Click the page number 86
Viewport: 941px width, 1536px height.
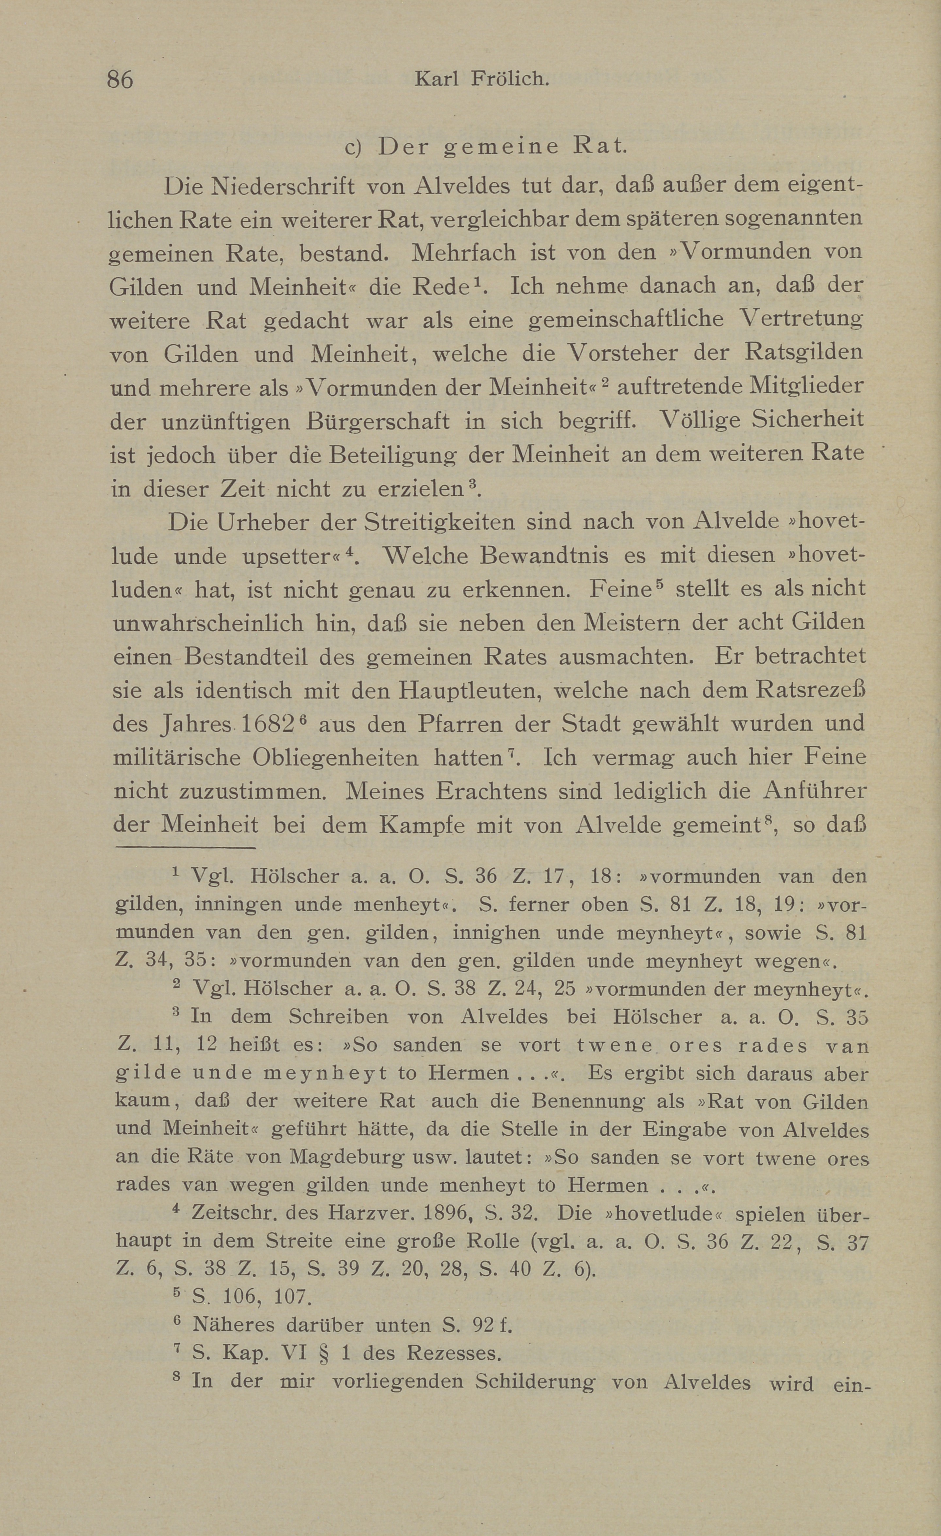point(120,80)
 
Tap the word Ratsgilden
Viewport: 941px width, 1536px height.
point(804,353)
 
